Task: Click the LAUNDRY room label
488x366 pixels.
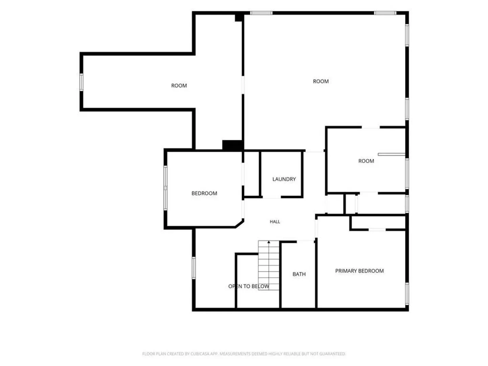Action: [284, 179]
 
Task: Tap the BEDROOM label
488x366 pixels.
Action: [204, 193]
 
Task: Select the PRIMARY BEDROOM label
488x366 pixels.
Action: [359, 271]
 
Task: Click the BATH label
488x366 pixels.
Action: [299, 274]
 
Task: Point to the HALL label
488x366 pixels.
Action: [275, 222]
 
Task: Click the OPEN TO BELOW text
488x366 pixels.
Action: [248, 286]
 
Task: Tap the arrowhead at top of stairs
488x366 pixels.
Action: [269, 242]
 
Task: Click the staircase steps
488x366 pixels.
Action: [269, 265]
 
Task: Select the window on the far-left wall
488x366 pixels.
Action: [81, 82]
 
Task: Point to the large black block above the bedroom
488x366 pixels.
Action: [232, 145]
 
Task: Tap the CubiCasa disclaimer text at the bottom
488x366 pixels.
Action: [244, 353]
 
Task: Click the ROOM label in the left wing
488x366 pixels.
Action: [179, 85]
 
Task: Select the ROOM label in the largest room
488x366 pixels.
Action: [320, 81]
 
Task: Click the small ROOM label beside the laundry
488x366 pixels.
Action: [366, 161]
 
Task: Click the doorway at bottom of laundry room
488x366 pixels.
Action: [272, 197]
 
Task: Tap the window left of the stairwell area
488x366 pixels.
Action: [194, 268]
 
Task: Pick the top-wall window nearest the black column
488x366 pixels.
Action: [261, 13]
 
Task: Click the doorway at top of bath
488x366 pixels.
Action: [306, 242]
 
